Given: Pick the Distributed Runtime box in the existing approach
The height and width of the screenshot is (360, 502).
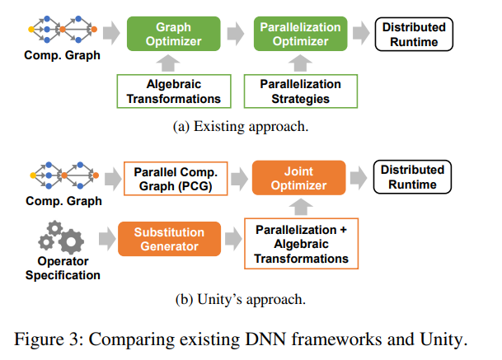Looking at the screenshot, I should pyautogui.click(x=414, y=34).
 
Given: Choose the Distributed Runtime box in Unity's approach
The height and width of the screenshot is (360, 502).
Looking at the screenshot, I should pyautogui.click(x=412, y=176).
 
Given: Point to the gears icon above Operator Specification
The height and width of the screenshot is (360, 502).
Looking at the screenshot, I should pyautogui.click(x=61, y=236).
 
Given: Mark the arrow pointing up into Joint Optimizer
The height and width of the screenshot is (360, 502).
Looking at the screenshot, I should pyautogui.click(x=298, y=206).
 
